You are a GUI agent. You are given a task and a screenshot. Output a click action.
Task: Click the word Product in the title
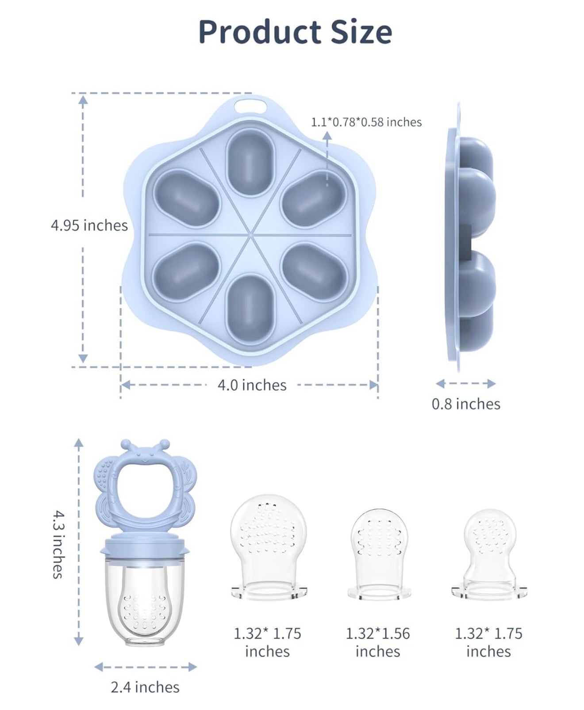tap(259, 32)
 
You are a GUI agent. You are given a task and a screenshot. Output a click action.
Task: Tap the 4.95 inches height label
tap(89, 225)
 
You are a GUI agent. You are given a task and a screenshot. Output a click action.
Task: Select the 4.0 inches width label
tap(252, 385)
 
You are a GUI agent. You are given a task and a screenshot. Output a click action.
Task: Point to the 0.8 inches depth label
tap(466, 404)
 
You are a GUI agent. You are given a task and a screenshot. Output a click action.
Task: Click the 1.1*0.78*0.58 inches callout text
tap(366, 122)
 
